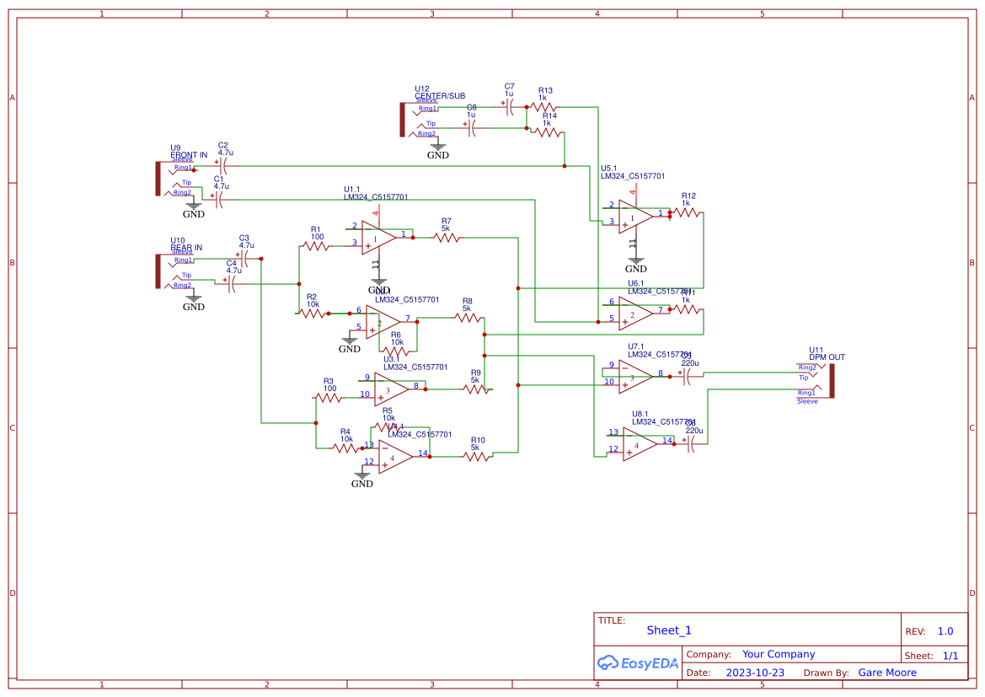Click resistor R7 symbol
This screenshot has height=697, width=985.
(x=447, y=239)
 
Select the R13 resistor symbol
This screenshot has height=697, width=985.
(x=543, y=107)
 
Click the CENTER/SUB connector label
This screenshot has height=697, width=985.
(x=439, y=96)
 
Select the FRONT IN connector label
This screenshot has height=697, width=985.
(x=189, y=155)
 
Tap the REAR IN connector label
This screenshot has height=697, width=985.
(x=186, y=248)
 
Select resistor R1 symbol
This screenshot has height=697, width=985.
(x=316, y=246)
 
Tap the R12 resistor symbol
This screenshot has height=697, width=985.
(x=687, y=213)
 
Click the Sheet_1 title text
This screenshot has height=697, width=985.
(x=669, y=630)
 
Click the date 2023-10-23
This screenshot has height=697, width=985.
(x=755, y=673)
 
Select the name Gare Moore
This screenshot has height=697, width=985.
(x=887, y=673)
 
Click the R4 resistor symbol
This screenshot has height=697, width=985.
(x=346, y=448)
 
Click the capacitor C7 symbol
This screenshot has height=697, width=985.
(x=509, y=107)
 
